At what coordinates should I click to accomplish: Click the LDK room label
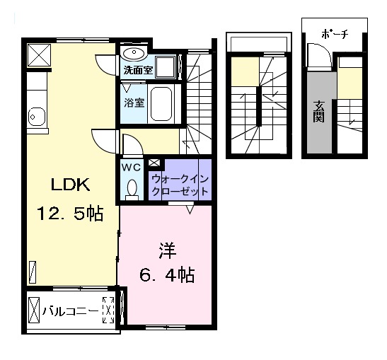click(x=69, y=185)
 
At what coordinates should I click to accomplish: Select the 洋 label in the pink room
click(x=166, y=250)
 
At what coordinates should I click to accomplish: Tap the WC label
click(x=131, y=168)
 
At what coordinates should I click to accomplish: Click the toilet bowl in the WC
click(x=131, y=188)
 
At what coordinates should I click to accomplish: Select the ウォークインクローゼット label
click(x=180, y=185)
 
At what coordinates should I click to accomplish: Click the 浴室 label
click(x=134, y=102)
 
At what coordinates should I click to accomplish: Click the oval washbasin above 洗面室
click(x=134, y=54)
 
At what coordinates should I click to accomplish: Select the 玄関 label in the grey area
click(x=318, y=111)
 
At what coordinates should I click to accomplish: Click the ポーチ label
click(x=334, y=34)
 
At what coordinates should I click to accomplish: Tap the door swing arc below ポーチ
click(x=318, y=54)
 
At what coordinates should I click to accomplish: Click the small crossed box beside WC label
click(x=154, y=163)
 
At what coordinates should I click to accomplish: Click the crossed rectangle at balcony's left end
click(x=36, y=310)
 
